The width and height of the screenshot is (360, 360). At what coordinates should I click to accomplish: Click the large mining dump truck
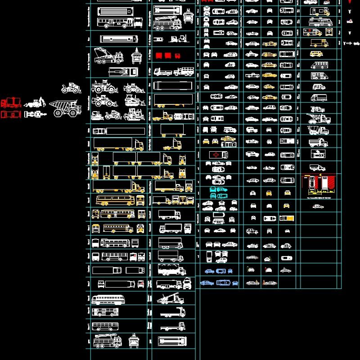65,108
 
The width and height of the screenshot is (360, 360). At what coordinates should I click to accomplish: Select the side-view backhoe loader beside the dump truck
35,103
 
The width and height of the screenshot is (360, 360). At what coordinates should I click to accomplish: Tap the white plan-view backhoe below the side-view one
36,115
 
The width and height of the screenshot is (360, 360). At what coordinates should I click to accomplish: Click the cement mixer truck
319,130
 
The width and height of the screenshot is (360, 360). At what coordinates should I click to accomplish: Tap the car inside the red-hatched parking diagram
311,183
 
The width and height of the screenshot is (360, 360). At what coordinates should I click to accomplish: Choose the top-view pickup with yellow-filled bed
286,218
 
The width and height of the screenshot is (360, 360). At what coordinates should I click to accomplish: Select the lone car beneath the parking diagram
318,207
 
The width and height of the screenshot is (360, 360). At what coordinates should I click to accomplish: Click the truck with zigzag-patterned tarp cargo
171,270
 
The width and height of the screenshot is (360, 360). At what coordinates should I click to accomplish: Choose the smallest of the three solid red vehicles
177,55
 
